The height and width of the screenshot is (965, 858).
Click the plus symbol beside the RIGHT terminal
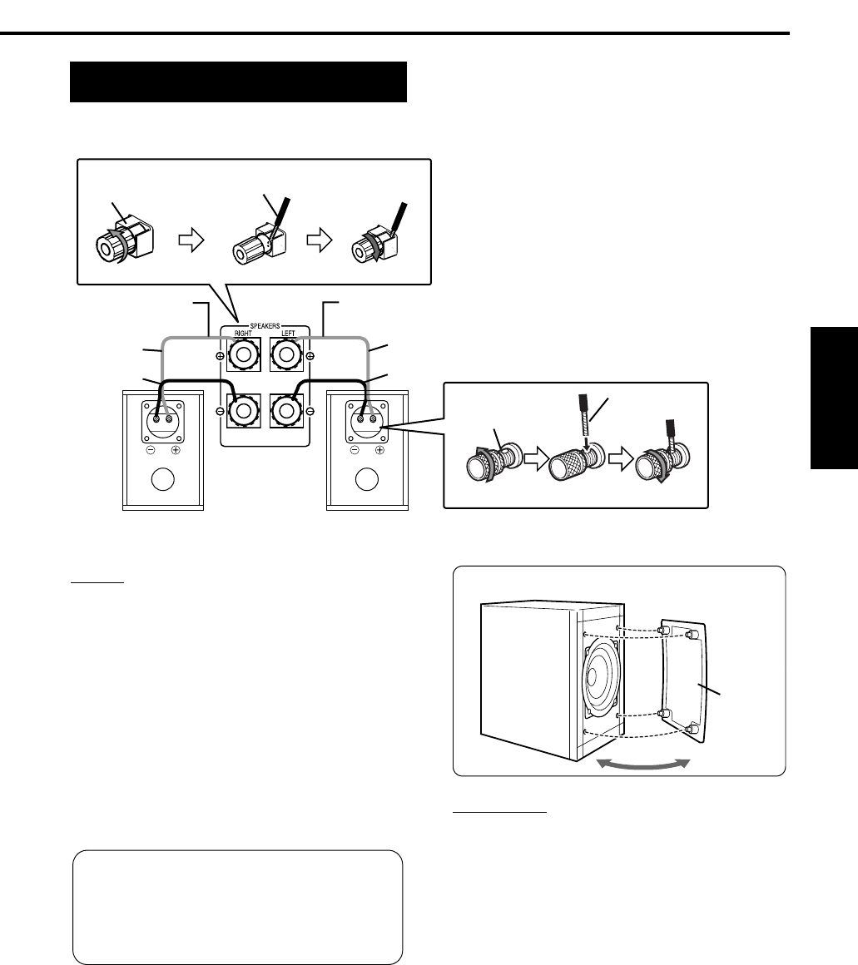coord(220,357)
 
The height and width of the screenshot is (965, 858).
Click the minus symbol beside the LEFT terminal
coord(310,411)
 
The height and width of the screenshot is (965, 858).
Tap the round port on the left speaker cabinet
coord(163,482)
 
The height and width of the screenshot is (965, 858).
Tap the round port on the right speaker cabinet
coord(367,482)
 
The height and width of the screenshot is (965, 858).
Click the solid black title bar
coord(238,82)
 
